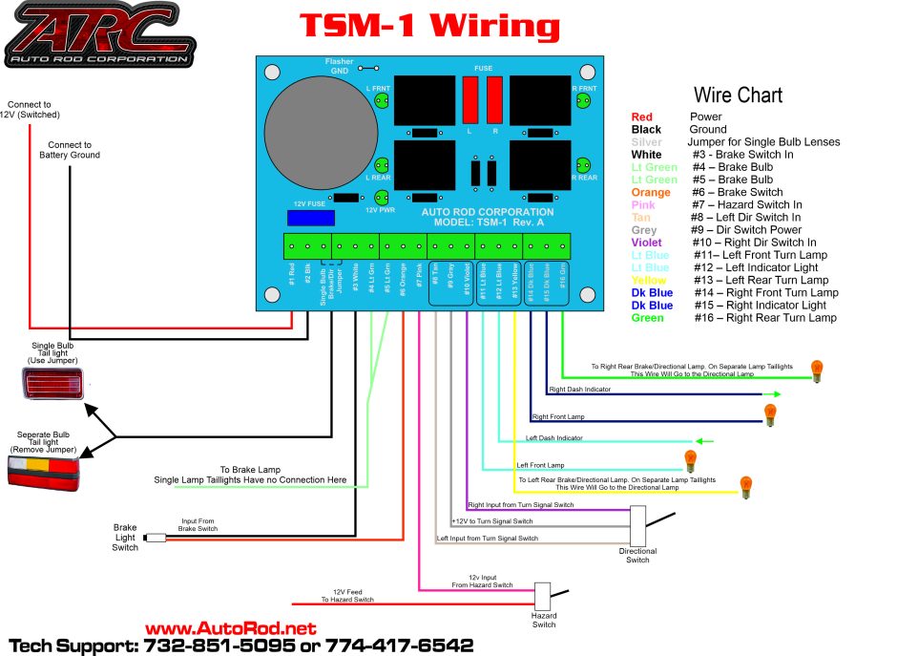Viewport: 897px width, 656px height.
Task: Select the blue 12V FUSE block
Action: point(311,218)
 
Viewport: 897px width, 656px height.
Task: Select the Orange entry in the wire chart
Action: point(651,192)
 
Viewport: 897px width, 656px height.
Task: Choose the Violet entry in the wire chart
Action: point(648,243)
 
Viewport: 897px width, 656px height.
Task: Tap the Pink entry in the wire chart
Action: point(644,204)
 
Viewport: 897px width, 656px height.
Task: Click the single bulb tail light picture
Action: point(52,383)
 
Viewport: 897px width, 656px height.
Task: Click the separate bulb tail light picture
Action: point(43,471)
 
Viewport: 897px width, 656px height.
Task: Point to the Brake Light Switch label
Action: point(125,537)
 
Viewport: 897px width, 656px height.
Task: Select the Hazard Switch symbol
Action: point(544,597)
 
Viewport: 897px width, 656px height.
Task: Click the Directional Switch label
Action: point(637,556)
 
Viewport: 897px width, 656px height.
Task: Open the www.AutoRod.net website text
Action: point(230,628)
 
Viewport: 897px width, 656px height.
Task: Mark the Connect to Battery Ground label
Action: point(69,150)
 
